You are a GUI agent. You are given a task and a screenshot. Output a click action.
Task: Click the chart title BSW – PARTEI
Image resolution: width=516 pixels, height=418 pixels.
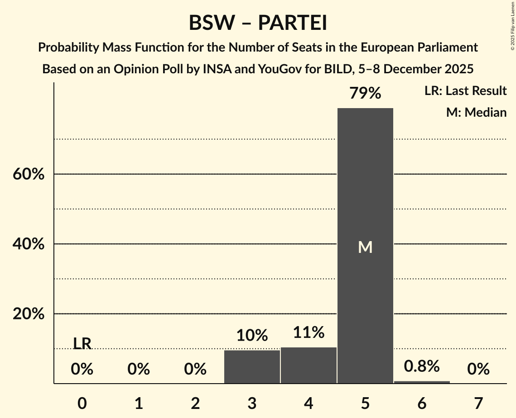point(258,23)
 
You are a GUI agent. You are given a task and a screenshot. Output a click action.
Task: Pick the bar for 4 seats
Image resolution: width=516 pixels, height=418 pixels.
point(309,365)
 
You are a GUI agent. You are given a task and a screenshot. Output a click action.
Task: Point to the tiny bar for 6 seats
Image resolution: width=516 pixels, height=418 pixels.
point(422,382)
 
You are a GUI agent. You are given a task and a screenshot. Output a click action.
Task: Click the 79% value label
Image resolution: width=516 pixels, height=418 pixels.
point(365,94)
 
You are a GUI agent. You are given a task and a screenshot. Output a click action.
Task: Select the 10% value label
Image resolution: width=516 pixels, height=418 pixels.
point(252,336)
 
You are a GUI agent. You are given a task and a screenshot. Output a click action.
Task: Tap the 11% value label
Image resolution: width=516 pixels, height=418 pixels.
point(309,332)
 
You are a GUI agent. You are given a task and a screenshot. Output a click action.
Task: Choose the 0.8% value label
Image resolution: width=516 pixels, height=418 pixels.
point(422,366)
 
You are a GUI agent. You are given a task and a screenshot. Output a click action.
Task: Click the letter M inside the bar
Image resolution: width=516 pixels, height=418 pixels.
point(365,247)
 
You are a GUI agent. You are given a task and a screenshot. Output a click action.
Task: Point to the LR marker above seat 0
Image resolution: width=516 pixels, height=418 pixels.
point(82,344)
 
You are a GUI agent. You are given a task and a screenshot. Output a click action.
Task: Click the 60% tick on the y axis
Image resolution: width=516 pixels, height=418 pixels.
point(29,174)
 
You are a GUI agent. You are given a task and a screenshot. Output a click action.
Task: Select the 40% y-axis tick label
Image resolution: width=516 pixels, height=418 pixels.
point(29,244)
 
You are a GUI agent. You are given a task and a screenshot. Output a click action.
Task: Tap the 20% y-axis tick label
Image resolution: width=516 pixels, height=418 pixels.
point(29,314)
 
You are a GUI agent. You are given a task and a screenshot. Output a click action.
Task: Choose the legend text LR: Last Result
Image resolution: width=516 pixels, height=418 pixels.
point(465,91)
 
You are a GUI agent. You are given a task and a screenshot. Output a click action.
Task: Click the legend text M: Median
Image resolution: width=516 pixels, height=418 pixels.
point(476,112)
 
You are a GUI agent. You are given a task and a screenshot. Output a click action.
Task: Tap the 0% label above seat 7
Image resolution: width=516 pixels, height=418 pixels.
point(478,370)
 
